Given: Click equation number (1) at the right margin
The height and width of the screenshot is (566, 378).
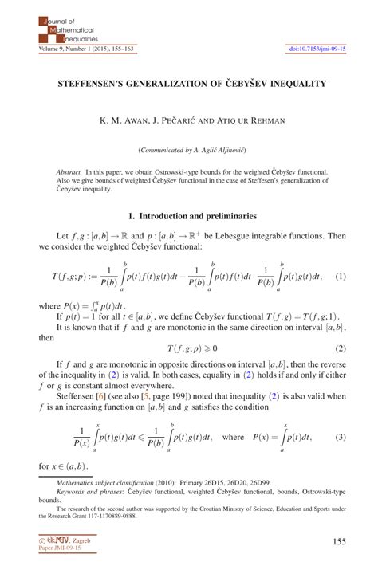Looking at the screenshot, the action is point(340,276).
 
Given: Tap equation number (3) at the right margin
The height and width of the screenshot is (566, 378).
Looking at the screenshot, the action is point(340,437).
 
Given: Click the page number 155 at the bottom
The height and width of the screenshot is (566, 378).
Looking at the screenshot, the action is point(337,541).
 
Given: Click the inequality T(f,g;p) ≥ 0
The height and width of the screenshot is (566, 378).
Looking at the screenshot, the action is point(192,326).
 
